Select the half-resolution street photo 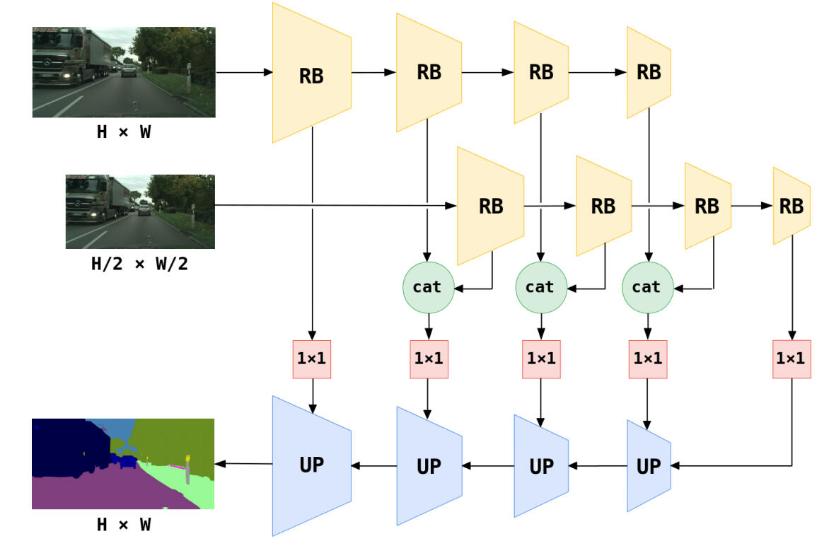point(139,211)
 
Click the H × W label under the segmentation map point(123,524)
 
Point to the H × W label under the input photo point(123,132)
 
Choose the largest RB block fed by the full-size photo point(311,74)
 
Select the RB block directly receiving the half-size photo point(490,206)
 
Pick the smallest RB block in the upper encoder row point(649,72)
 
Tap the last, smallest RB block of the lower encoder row point(791,206)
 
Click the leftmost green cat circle point(427,287)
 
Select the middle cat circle point(540,287)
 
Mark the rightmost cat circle point(646,287)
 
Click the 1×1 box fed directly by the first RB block point(311,359)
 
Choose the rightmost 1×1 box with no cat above point(791,359)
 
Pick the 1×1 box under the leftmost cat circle point(428,359)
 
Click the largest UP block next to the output point(311,465)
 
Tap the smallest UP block point(649,465)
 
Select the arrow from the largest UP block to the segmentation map point(243,464)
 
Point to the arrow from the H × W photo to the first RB point(244,72)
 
